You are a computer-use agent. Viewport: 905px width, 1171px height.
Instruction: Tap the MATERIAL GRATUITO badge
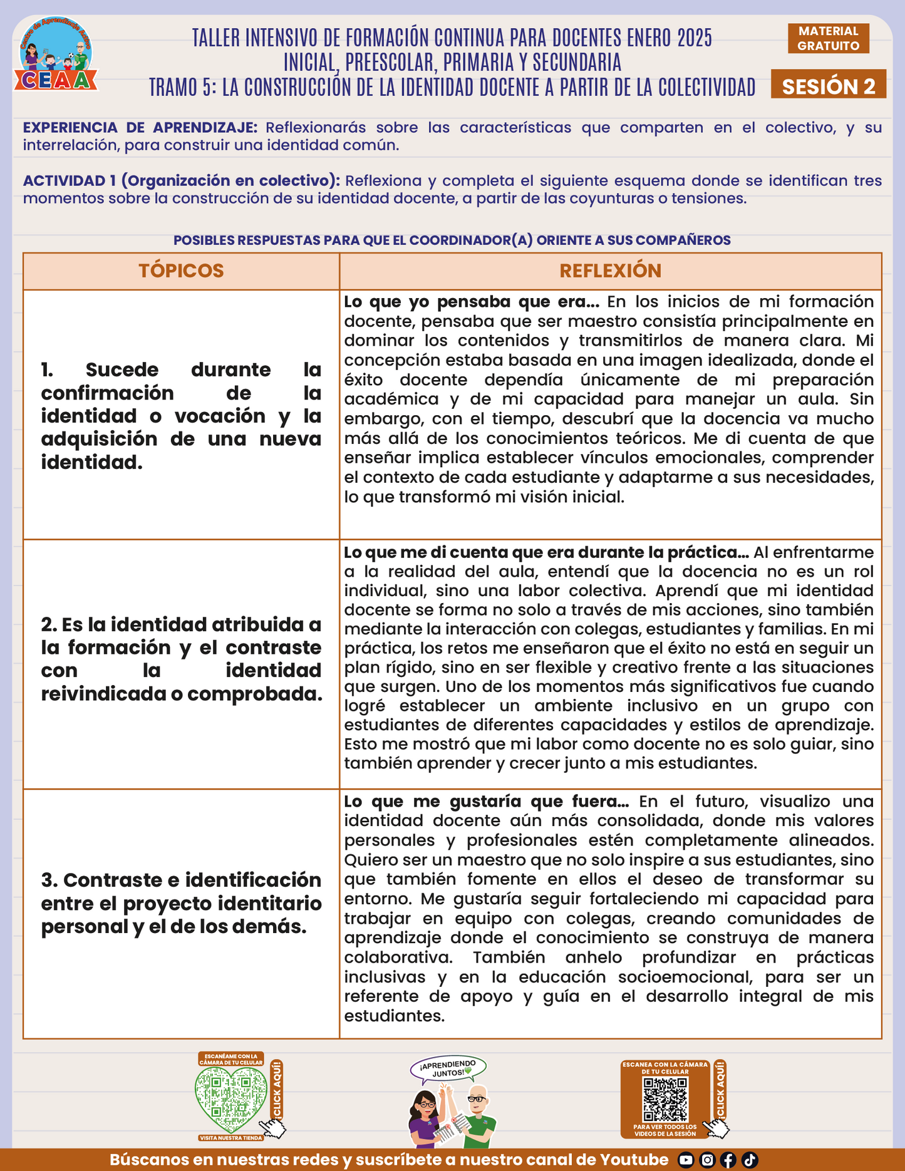828,38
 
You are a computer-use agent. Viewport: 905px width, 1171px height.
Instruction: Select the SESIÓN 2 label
828,86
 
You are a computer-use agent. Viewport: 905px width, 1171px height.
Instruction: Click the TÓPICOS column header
181,271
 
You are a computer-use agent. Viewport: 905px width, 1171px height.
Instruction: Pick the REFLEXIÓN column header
610,271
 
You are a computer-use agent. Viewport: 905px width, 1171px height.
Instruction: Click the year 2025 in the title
695,38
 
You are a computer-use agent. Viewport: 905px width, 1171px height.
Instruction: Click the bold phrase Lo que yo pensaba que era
472,302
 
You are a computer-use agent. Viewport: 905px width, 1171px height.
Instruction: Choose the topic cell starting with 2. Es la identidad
181,659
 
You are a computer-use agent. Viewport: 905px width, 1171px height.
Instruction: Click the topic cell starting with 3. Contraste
181,903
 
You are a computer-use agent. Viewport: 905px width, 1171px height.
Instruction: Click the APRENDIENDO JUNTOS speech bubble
448,1068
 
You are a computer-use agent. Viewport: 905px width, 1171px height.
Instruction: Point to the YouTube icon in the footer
686,1160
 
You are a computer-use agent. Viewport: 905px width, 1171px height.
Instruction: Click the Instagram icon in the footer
707,1160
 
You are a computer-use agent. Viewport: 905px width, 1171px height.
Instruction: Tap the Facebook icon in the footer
728,1160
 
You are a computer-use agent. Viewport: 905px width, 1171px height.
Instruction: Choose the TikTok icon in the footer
750,1160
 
